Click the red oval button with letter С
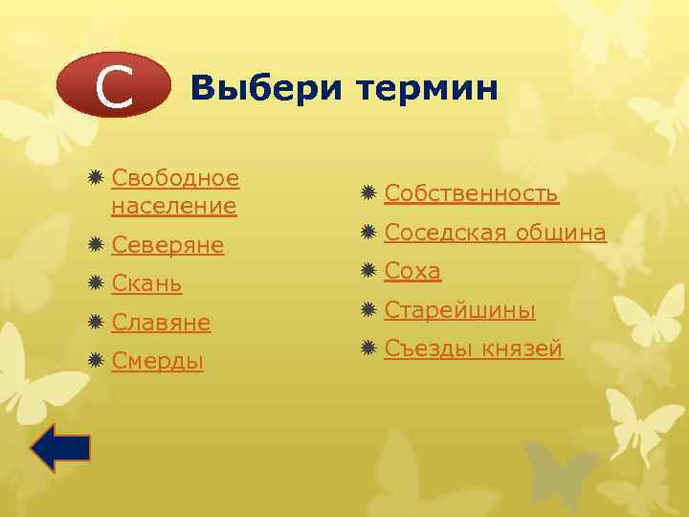pyautogui.click(x=113, y=86)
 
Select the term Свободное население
pyautogui.click(x=174, y=191)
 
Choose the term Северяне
pyautogui.click(x=167, y=245)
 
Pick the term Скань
pyautogui.click(x=146, y=284)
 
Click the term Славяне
pyautogui.click(x=160, y=323)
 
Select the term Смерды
pyautogui.click(x=157, y=361)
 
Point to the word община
pyautogui.click(x=561, y=233)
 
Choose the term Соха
pyautogui.click(x=412, y=271)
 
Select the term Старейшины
pyautogui.click(x=459, y=310)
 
